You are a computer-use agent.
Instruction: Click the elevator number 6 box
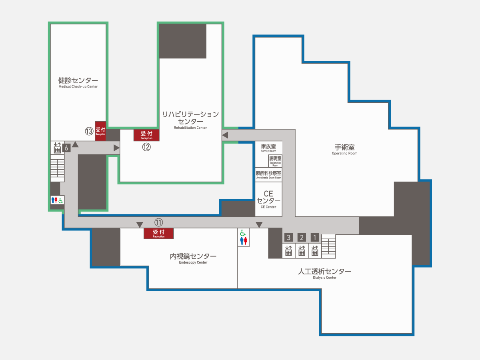point(66,148)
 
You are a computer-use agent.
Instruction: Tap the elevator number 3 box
point(288,237)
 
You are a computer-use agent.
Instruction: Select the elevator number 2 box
point(302,237)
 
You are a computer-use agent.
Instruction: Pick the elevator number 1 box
point(315,237)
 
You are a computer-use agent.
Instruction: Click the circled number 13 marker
point(89,131)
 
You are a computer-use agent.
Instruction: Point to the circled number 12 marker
point(146,147)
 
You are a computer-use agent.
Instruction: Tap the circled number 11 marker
point(159,222)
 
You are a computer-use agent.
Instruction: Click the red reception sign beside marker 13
point(100,131)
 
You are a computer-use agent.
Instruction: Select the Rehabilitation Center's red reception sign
point(146,135)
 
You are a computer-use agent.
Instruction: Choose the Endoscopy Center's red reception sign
point(159,234)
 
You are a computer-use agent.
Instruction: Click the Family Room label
point(268,148)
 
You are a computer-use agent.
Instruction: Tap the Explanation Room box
point(275,161)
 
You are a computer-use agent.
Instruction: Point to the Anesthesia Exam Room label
point(269,175)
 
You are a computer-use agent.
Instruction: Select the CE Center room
point(268,199)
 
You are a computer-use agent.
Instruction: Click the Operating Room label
point(345,150)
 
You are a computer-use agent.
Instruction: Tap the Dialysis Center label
point(325,274)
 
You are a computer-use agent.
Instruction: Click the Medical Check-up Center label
point(78,83)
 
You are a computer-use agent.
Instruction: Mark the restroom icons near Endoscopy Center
point(244,237)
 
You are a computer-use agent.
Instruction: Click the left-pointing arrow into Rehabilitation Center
point(225,135)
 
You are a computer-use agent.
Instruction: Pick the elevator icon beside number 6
point(57,148)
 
